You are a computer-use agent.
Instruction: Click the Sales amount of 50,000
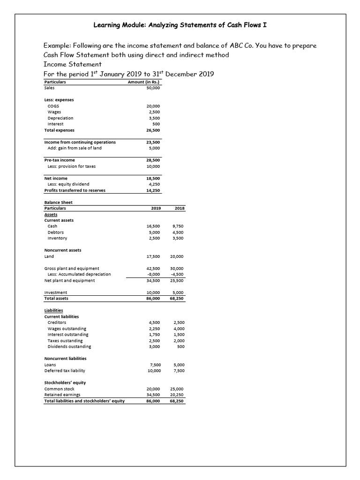coord(153,88)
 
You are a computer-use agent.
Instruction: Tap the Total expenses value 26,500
coord(153,130)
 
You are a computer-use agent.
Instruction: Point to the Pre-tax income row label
coord(59,160)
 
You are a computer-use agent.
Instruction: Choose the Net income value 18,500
coord(153,178)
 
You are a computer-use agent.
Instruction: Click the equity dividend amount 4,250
coord(154,184)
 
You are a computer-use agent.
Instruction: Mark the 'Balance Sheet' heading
coord(58,202)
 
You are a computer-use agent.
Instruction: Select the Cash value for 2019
coord(153,226)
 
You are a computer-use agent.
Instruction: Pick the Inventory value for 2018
coord(178,238)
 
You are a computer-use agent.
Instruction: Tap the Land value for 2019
coord(153,256)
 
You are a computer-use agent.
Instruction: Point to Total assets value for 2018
coord(177,298)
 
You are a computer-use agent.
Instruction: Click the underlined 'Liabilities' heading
coord(54,310)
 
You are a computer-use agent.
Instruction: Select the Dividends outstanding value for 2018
coord(180,346)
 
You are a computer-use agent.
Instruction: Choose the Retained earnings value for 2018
coord(177,395)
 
